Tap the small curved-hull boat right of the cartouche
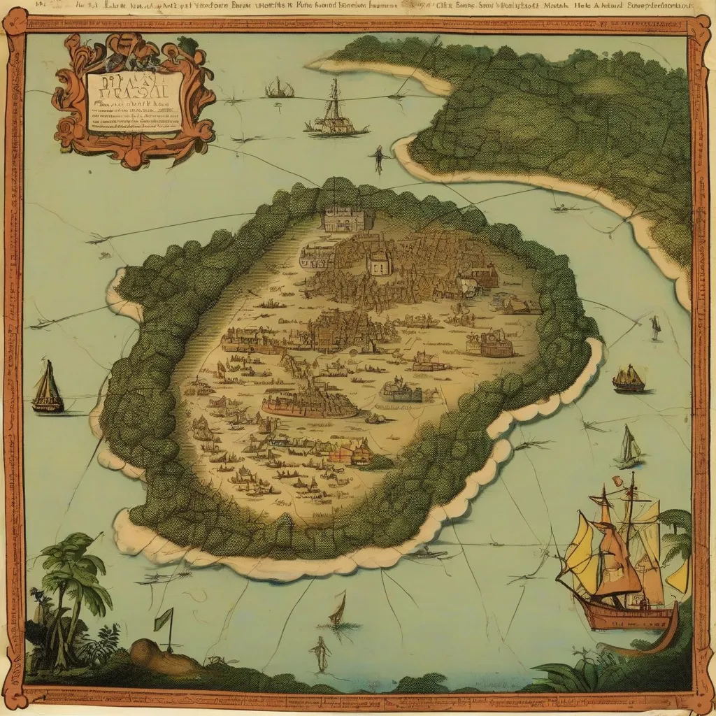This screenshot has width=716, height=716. [278, 89]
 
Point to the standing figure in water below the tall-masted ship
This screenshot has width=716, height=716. [379, 159]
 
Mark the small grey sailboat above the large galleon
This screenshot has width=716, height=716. [629, 447]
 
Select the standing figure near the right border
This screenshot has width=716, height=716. [655, 327]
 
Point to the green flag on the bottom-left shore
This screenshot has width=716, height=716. [164, 619]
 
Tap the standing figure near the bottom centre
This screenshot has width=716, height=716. [321, 652]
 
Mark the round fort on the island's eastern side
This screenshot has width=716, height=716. [496, 344]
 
